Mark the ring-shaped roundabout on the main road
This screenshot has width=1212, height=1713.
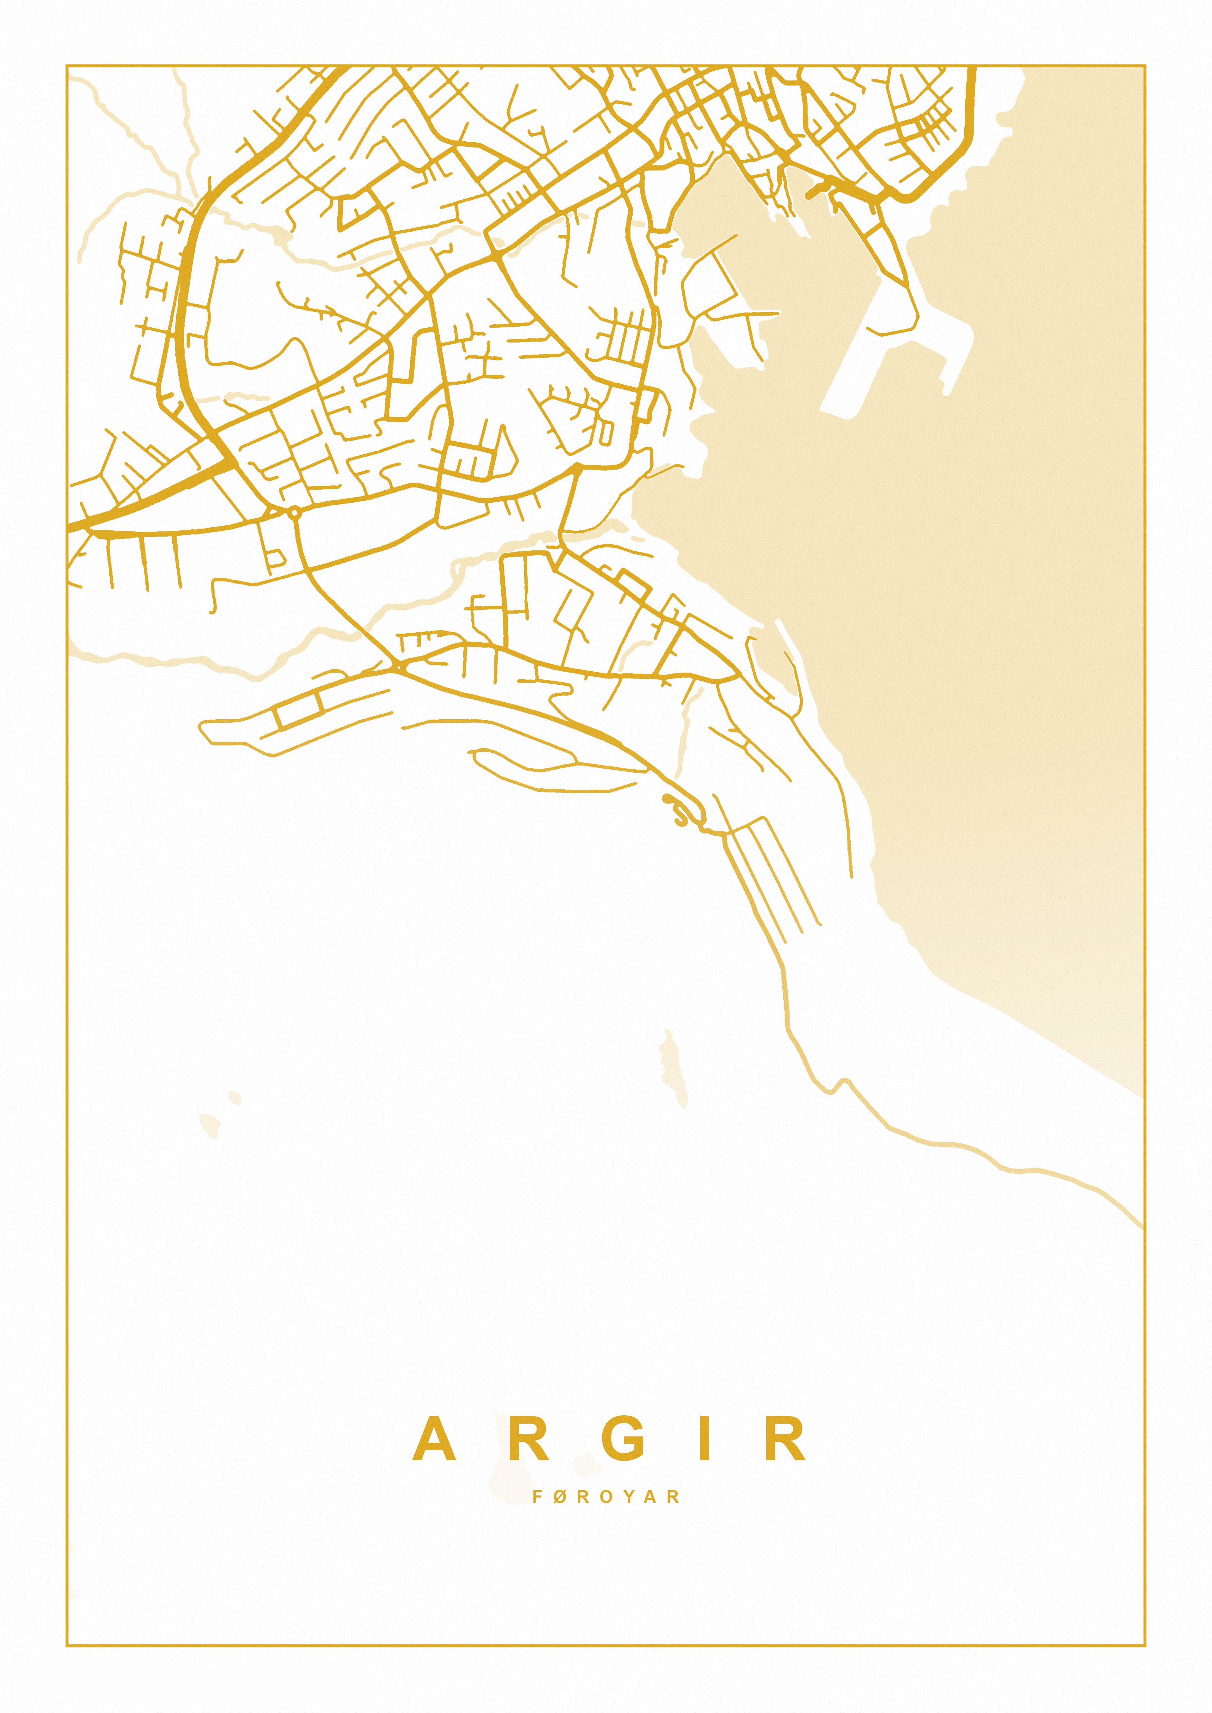tap(295, 512)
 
